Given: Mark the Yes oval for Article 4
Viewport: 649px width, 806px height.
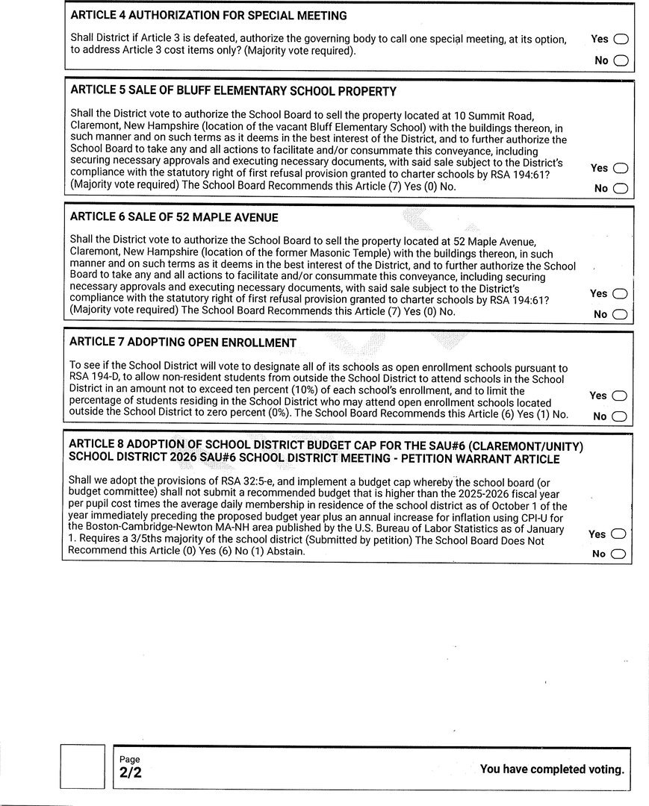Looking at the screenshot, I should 621,40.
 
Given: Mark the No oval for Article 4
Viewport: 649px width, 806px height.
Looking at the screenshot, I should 621,60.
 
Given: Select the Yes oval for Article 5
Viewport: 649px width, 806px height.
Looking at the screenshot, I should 620,169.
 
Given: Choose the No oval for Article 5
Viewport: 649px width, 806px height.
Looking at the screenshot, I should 620,189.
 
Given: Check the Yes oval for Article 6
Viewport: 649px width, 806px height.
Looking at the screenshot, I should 620,294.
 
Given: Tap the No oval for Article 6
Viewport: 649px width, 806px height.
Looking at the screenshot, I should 620,315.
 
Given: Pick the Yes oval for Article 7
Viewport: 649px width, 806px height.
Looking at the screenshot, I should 619,396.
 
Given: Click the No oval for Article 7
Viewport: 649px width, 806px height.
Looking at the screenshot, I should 619,416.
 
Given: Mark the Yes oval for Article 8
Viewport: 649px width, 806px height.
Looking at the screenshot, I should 618,534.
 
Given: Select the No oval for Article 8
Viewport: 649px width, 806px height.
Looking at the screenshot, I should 618,554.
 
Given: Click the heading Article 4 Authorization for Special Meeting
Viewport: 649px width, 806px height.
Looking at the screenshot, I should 208,16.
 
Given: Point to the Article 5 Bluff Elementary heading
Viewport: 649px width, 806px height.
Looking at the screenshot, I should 233,91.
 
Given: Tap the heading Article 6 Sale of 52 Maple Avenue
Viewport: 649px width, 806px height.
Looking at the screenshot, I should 174,217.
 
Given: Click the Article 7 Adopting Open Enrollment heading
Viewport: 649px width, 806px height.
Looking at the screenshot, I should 183,343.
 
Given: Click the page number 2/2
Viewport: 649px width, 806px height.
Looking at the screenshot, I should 130,773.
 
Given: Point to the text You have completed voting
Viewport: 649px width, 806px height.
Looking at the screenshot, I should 551,769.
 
